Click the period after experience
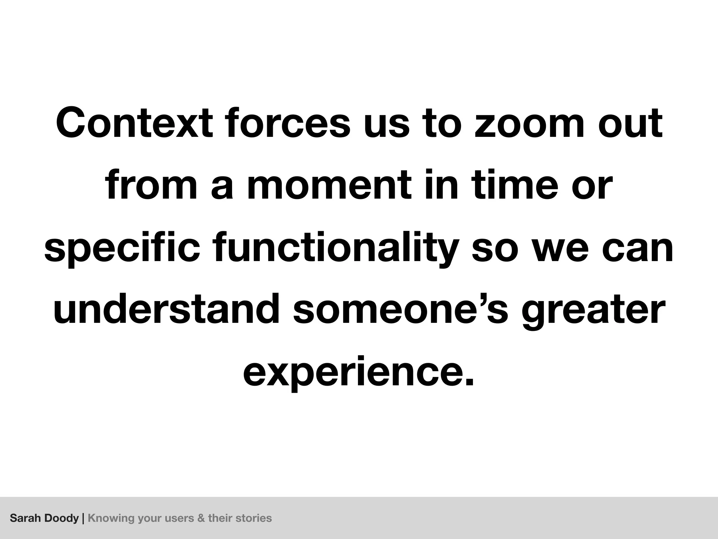[x=468, y=381]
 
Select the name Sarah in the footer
[x=24, y=518]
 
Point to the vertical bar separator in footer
[x=83, y=518]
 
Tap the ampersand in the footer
[x=201, y=518]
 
